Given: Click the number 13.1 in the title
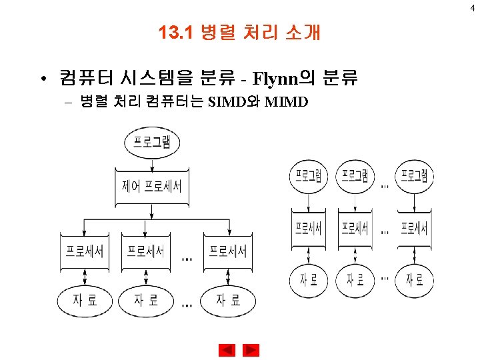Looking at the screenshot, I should [175, 32].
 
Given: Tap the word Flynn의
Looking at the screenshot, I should [282, 80].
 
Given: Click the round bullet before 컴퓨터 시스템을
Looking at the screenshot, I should [41, 80].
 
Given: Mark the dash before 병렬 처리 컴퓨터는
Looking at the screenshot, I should [67, 102].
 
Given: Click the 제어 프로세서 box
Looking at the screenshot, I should [152, 186].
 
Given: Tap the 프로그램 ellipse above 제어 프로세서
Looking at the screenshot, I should [152, 142].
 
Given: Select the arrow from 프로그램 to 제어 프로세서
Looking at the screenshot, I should [152, 161].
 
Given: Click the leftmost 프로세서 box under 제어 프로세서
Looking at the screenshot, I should [84, 251].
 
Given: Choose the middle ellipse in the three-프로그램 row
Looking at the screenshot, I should [355, 175].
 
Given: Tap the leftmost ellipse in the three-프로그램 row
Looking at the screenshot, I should [309, 175].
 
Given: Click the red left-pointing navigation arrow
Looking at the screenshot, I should [227, 350].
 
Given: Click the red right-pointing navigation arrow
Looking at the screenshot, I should [251, 350].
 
